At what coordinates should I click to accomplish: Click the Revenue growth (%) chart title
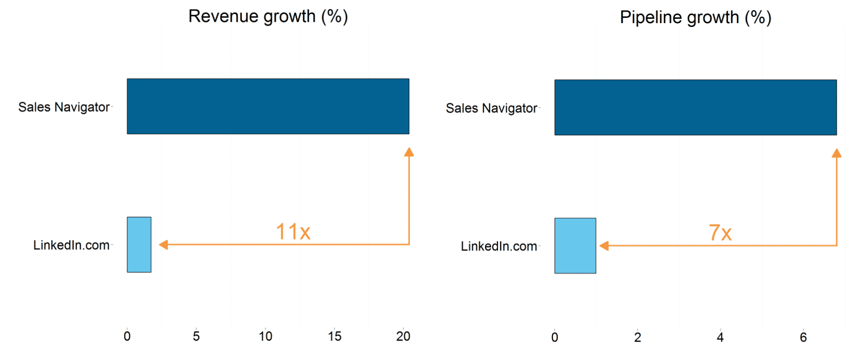pos(268,16)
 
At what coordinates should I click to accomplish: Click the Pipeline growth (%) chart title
pos(695,17)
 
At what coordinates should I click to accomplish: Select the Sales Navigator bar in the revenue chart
pos(268,107)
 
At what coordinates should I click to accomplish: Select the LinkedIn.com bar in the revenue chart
pos(139,244)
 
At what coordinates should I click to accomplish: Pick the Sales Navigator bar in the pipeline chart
pos(695,107)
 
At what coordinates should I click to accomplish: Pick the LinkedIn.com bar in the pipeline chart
pos(575,246)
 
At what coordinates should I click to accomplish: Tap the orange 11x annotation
pos(293,232)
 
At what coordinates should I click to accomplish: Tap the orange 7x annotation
pos(720,233)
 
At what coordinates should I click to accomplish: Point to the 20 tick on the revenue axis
pos(403,336)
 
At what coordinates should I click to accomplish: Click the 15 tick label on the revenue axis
pos(335,336)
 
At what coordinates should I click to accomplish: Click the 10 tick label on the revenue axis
pos(265,336)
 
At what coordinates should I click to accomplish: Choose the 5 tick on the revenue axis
pos(196,336)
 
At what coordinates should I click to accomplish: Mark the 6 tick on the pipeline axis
pos(803,337)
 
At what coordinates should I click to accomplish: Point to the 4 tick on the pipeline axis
pos(720,337)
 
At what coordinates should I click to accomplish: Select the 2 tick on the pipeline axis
pos(637,337)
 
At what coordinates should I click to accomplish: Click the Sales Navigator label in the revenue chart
pos(64,107)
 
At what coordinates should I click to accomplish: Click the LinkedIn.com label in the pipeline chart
pos(499,246)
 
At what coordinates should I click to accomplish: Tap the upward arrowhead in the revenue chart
pos(409,153)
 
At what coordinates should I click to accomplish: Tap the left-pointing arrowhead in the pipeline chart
pos(604,246)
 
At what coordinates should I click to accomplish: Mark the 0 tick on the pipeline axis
pos(555,337)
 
